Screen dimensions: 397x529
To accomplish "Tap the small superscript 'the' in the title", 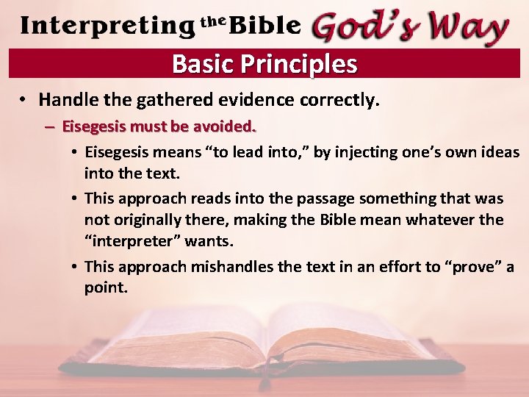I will point(213,21).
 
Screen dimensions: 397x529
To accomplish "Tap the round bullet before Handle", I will point(24,99).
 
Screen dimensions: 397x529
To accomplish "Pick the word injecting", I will point(365,153).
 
